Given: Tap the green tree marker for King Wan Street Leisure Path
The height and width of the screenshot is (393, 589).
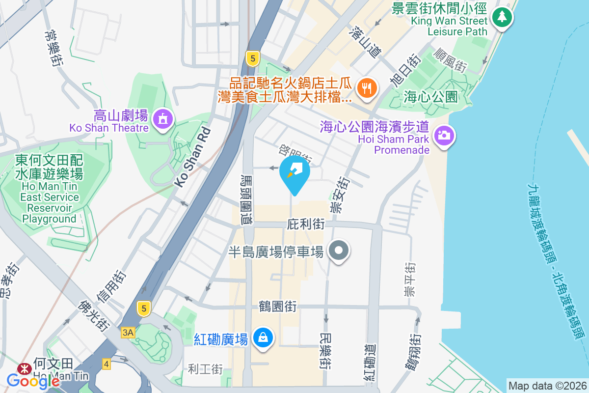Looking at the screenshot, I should (x=502, y=18).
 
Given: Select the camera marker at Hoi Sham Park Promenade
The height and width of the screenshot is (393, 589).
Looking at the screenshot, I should (x=444, y=134).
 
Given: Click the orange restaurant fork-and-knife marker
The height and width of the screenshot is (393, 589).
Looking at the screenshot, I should (x=366, y=88).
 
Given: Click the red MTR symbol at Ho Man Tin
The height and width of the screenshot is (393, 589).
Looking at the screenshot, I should (x=23, y=368).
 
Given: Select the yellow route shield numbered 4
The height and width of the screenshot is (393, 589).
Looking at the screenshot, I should (x=107, y=364).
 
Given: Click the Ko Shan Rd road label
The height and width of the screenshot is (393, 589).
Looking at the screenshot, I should (x=193, y=157).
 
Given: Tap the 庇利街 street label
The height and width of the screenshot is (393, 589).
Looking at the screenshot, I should (x=305, y=225).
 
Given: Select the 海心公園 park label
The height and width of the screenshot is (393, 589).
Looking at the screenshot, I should (x=431, y=97).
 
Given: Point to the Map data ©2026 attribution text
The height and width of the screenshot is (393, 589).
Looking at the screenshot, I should (x=547, y=386).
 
